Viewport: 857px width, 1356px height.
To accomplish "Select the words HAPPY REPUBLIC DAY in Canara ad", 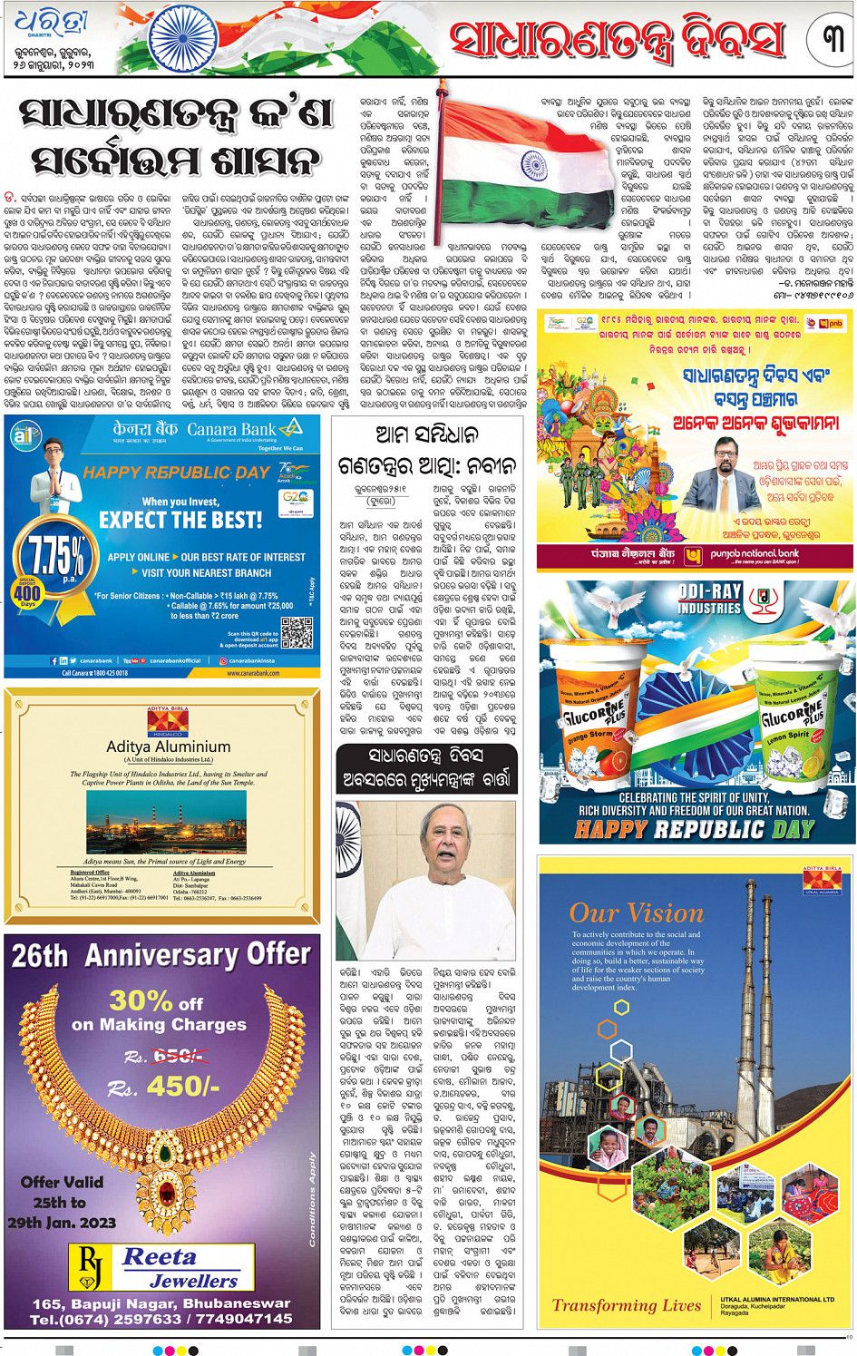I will coord(177,473).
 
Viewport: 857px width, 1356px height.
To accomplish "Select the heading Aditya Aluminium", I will coord(168,746).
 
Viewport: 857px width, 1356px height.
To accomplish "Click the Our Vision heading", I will coord(637,912).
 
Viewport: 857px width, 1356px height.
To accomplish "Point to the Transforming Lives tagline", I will coord(627,1305).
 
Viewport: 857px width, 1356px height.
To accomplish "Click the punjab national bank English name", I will coord(755,553).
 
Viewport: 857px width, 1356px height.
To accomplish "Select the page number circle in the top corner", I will coord(832,39).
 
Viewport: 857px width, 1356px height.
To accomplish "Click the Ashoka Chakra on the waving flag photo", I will coord(534,168).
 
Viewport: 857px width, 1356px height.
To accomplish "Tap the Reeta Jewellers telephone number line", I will coord(161,1319).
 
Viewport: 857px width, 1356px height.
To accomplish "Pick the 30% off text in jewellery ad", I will coord(156,1000).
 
